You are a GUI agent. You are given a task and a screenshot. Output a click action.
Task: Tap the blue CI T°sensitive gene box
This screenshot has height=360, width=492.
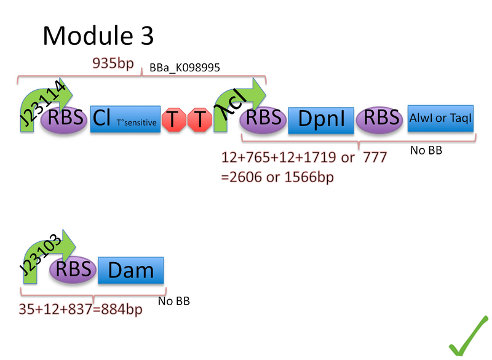tap(125, 118)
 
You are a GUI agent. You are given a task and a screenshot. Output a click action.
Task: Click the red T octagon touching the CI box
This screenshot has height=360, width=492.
tap(174, 119)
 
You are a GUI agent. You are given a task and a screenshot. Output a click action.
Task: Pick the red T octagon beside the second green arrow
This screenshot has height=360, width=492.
tap(199, 119)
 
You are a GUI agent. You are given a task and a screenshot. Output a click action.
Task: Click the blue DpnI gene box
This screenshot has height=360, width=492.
tap(321, 119)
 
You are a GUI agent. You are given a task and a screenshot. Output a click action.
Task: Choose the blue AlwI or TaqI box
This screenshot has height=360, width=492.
tap(441, 118)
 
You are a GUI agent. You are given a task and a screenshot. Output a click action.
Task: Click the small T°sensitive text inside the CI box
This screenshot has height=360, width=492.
tap(138, 122)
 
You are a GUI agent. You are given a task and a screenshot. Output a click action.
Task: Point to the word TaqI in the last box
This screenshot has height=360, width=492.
tap(461, 119)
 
